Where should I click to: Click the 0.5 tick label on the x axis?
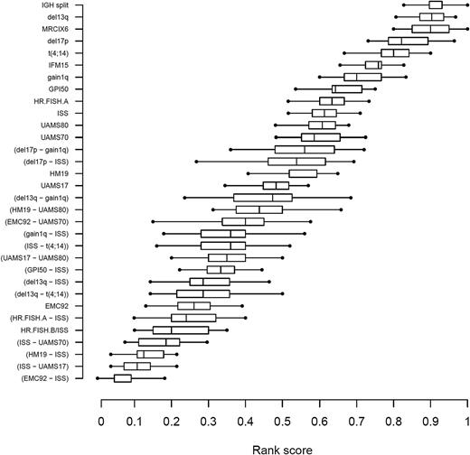point(284,421)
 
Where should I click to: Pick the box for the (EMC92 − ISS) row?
point(122,378)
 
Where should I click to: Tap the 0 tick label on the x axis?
point(100,421)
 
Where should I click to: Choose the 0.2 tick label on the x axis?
point(174,421)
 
